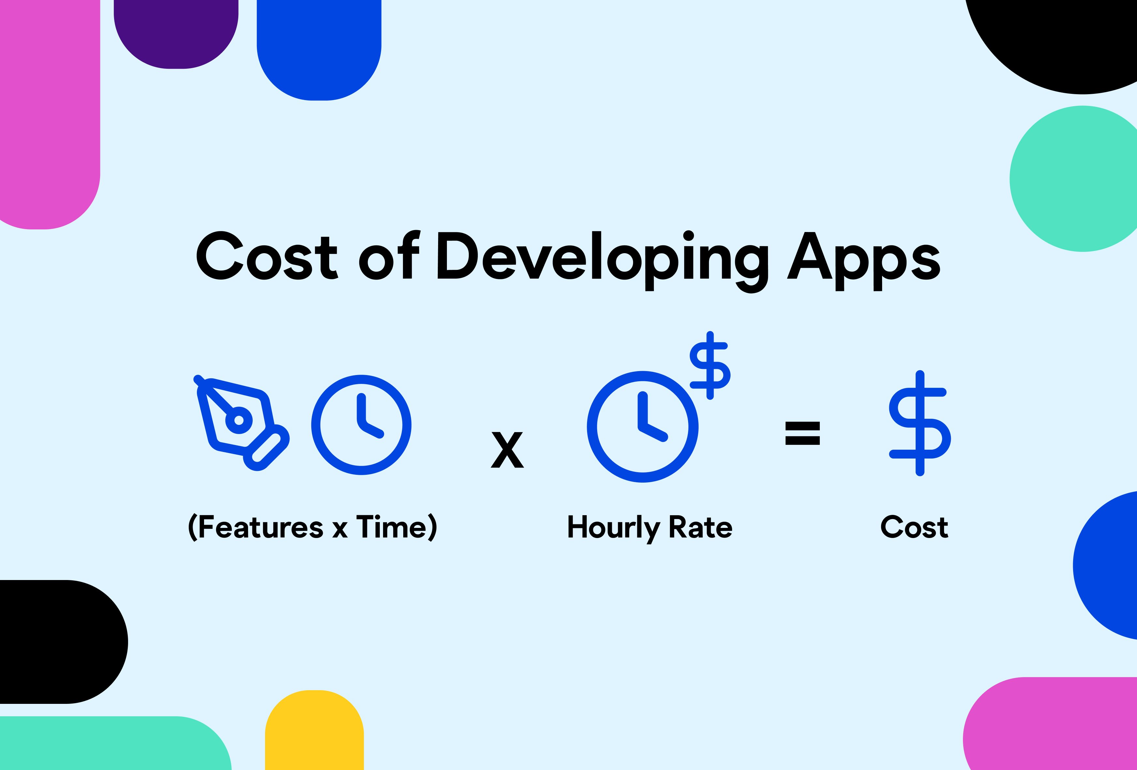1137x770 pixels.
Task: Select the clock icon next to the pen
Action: (x=361, y=425)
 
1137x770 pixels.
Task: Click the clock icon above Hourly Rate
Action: (x=642, y=427)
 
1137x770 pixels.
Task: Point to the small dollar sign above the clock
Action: (x=710, y=365)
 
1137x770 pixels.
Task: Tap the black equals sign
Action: (x=802, y=433)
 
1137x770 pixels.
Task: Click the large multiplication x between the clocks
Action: (x=507, y=450)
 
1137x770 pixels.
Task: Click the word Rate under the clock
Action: (x=701, y=527)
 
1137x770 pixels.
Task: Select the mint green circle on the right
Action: (x=1076, y=179)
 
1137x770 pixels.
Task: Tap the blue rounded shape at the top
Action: (x=319, y=49)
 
